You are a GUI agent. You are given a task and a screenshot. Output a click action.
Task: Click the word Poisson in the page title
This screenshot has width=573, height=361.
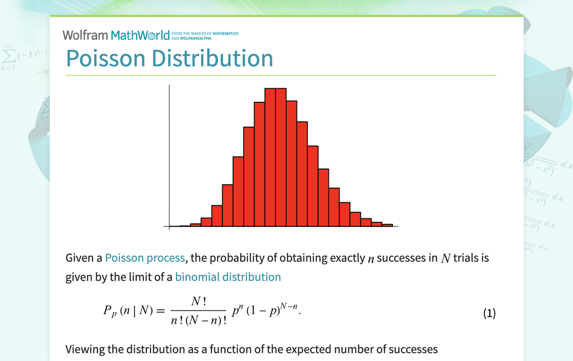coord(105,58)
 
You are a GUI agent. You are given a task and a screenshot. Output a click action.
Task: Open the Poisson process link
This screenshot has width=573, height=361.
coord(145,258)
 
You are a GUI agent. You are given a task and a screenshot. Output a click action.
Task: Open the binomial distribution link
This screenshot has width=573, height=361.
coord(228,277)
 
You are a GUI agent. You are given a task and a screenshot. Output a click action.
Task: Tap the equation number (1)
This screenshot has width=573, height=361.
coord(489,313)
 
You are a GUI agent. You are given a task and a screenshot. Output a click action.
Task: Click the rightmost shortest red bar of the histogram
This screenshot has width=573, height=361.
coord(387,225)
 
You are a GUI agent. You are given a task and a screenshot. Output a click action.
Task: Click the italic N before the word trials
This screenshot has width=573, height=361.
coord(446,258)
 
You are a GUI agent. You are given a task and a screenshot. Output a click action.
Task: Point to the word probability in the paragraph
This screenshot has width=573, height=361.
coord(243,258)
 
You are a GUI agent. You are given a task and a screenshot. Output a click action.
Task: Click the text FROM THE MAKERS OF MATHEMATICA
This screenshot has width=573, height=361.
coord(208,33)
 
